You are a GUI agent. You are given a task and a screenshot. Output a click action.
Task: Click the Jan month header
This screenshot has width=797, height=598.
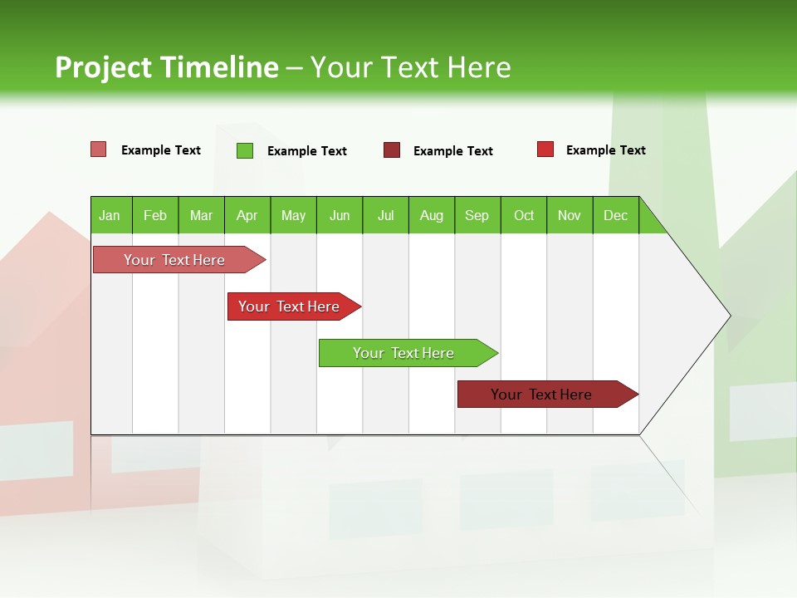[x=110, y=215]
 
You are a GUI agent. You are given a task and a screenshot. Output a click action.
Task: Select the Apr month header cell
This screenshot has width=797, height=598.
[x=247, y=215]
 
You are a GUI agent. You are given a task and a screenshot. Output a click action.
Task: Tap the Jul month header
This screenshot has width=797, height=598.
[x=385, y=215]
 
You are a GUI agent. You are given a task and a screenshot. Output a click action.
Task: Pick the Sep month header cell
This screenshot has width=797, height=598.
[x=477, y=215]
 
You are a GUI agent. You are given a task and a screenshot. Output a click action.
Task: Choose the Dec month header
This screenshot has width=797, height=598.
[x=615, y=215]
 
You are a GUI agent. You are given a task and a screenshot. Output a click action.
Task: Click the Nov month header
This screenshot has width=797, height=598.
[x=570, y=215]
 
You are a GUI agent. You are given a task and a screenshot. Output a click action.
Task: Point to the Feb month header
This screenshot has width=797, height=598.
[x=155, y=215]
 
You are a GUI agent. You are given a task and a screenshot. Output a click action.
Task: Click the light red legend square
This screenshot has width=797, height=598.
[x=98, y=149]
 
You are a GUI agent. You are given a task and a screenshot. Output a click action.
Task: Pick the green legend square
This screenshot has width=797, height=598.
[x=244, y=150]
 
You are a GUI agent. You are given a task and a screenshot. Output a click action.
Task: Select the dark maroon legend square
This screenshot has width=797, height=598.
[x=391, y=150]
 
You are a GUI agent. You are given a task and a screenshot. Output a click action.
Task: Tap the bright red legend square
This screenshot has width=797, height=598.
[x=545, y=149]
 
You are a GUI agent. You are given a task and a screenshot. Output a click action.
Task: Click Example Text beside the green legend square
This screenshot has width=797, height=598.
[x=306, y=150]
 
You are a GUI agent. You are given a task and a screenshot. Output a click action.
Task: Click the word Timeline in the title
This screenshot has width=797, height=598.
[x=218, y=67]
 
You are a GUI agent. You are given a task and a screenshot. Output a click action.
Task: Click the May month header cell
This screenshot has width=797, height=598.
[x=293, y=215]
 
